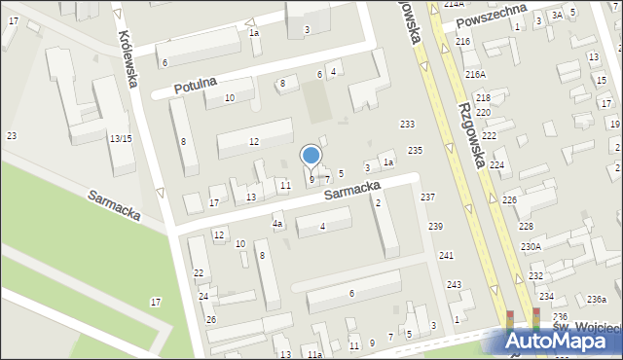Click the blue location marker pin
tap(311, 156)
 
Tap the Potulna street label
tap(194, 87)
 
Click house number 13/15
tap(121, 139)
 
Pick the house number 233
tap(407, 124)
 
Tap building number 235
tap(415, 150)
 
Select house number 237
tap(427, 197)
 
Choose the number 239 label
tap(435, 227)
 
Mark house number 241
tap(446, 256)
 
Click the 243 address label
tap(454, 285)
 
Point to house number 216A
tap(475, 74)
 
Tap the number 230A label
tap(531, 247)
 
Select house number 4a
tap(277, 225)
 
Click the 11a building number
tap(313, 355)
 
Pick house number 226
tap(509, 199)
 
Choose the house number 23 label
tap(11, 135)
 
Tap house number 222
tap(489, 135)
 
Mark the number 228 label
tap(526, 226)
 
